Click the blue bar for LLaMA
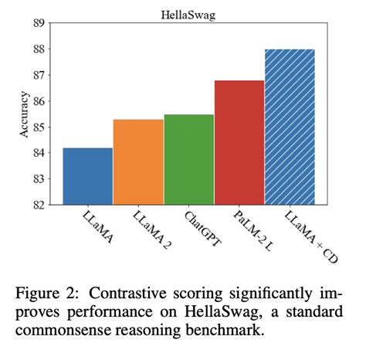tap(88, 176)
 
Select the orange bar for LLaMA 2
tap(138, 162)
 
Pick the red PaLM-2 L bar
tap(239, 142)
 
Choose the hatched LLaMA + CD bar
tap(290, 127)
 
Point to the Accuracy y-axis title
tap(24, 114)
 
